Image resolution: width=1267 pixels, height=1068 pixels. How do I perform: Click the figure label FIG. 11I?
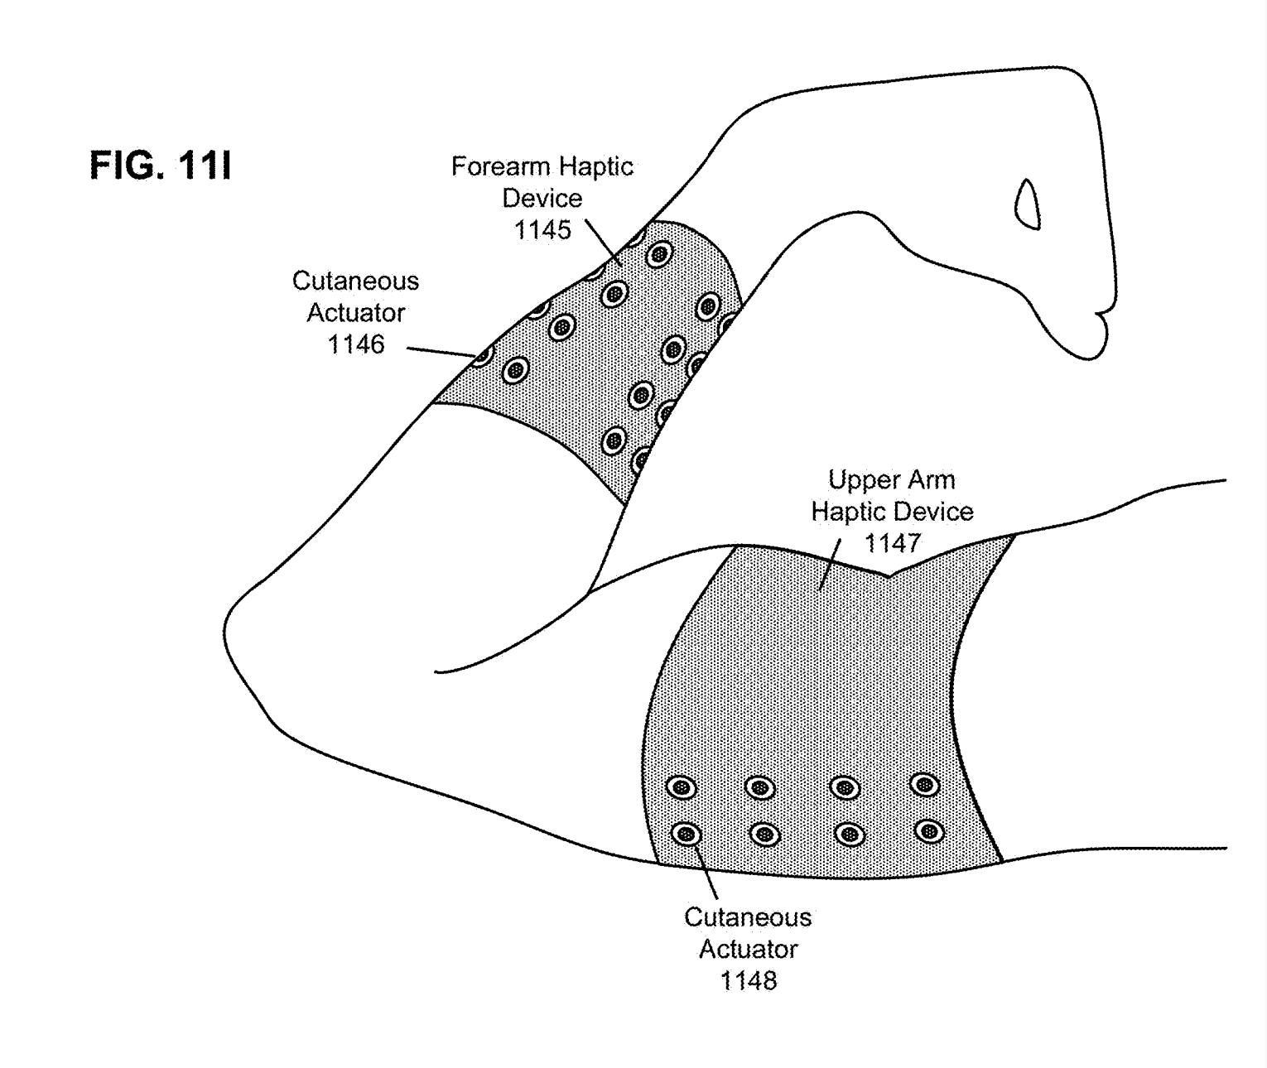coord(161,166)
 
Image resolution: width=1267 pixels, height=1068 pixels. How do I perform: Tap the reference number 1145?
coord(542,230)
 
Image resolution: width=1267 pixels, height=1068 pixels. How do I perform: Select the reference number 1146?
coord(356,344)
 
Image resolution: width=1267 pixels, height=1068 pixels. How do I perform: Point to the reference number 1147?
coord(892,543)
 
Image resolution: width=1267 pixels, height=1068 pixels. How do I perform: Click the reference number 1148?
coord(748,981)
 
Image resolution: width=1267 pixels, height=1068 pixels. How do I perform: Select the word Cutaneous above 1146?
coord(355,281)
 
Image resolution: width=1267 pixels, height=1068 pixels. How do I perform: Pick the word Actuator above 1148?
coord(748,949)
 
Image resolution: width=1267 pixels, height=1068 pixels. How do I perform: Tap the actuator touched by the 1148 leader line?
coord(686,834)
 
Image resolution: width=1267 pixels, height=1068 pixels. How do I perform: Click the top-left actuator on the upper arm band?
coord(681,787)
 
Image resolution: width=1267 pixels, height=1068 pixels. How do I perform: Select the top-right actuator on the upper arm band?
coord(924,784)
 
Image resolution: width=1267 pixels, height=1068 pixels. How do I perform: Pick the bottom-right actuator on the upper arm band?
coord(929,830)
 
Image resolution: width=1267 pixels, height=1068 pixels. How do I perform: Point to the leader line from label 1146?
coord(441,352)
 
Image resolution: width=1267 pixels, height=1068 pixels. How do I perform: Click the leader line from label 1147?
coord(831,563)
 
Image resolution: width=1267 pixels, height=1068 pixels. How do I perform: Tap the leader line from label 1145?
coord(603,241)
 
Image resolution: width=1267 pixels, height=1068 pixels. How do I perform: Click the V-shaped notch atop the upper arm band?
coord(889,574)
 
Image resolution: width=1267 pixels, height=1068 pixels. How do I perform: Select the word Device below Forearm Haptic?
coord(542,199)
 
